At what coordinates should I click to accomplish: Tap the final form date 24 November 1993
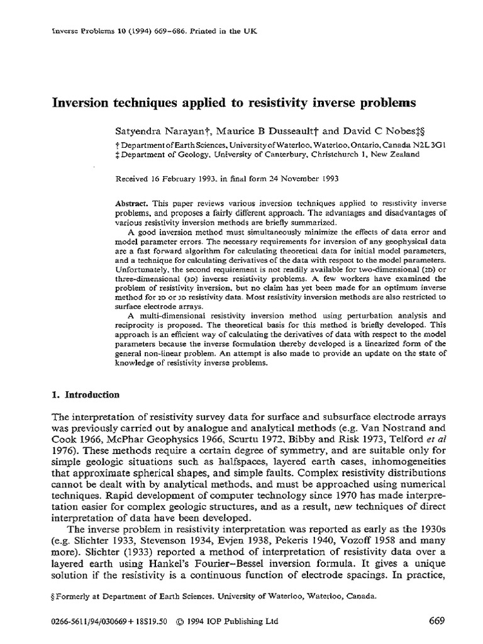[296, 177]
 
